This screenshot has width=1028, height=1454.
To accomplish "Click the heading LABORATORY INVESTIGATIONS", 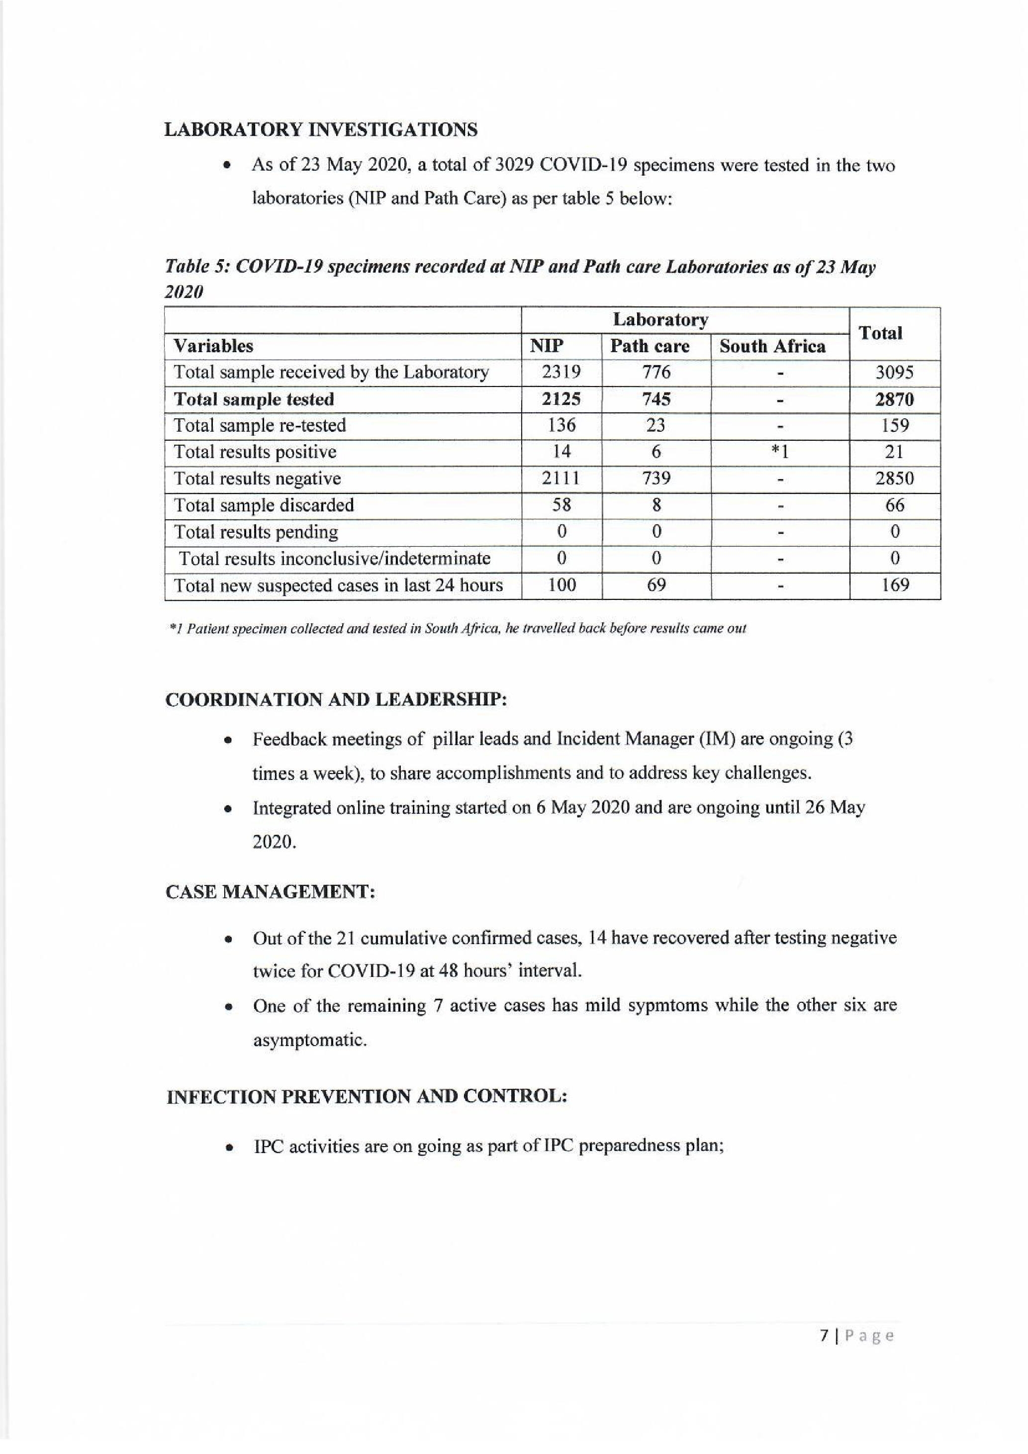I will click(x=321, y=130).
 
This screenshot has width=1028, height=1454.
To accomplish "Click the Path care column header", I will click(x=650, y=346).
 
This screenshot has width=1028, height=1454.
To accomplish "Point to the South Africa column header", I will click(x=772, y=346).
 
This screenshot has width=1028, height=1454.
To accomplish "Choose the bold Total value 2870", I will click(x=894, y=399).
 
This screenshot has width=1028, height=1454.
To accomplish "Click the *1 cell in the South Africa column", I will click(x=779, y=452).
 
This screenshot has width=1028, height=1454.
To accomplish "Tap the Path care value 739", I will click(x=656, y=479).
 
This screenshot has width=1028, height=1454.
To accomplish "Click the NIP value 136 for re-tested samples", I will click(x=561, y=425).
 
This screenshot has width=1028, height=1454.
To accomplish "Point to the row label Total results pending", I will click(x=256, y=532).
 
